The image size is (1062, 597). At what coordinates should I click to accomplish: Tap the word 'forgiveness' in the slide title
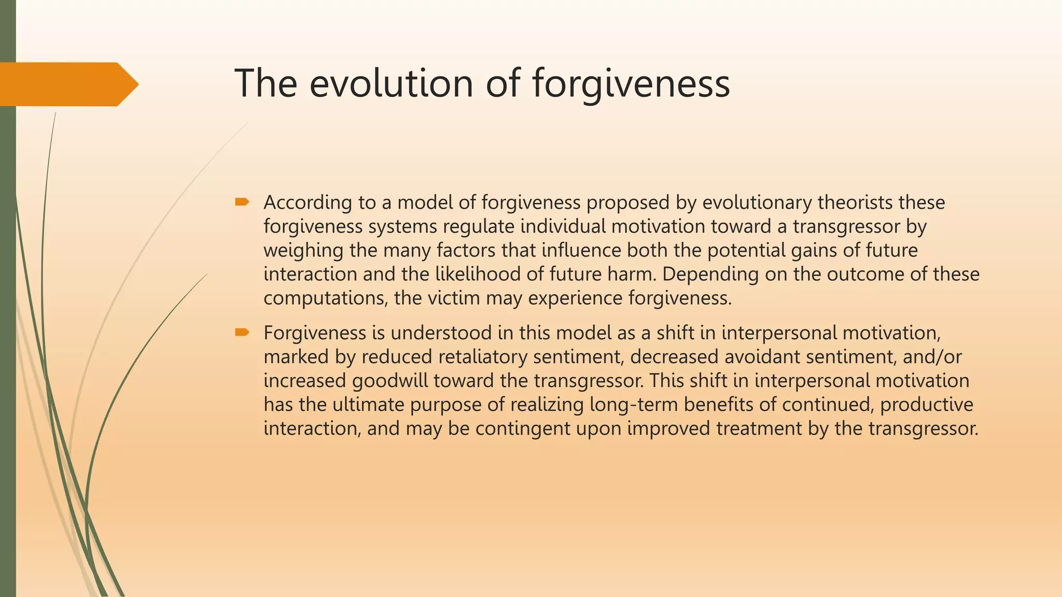point(631,84)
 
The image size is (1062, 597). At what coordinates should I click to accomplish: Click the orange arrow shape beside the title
point(67,84)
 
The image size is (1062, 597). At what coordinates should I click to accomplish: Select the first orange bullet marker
point(242,202)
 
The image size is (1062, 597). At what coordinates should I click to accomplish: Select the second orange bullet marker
point(242,332)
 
